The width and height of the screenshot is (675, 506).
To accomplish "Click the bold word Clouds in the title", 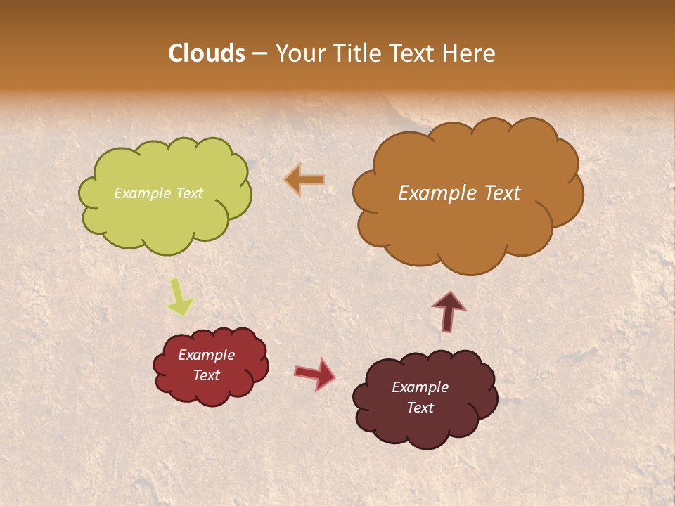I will click(207, 53).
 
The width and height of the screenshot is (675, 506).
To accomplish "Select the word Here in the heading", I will click(470, 53).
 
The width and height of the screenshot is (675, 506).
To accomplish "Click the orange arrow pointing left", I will click(304, 180).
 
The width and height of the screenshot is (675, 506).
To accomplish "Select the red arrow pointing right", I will click(315, 373).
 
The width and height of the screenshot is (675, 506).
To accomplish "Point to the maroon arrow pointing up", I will click(448, 311).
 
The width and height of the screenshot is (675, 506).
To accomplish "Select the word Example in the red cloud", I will click(207, 355).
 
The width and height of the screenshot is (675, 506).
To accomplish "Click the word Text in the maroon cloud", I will click(420, 408).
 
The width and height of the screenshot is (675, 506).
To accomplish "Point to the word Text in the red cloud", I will click(207, 375).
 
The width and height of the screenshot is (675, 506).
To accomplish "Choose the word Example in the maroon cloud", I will click(420, 387).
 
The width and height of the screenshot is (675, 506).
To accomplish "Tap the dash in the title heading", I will click(259, 53).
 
